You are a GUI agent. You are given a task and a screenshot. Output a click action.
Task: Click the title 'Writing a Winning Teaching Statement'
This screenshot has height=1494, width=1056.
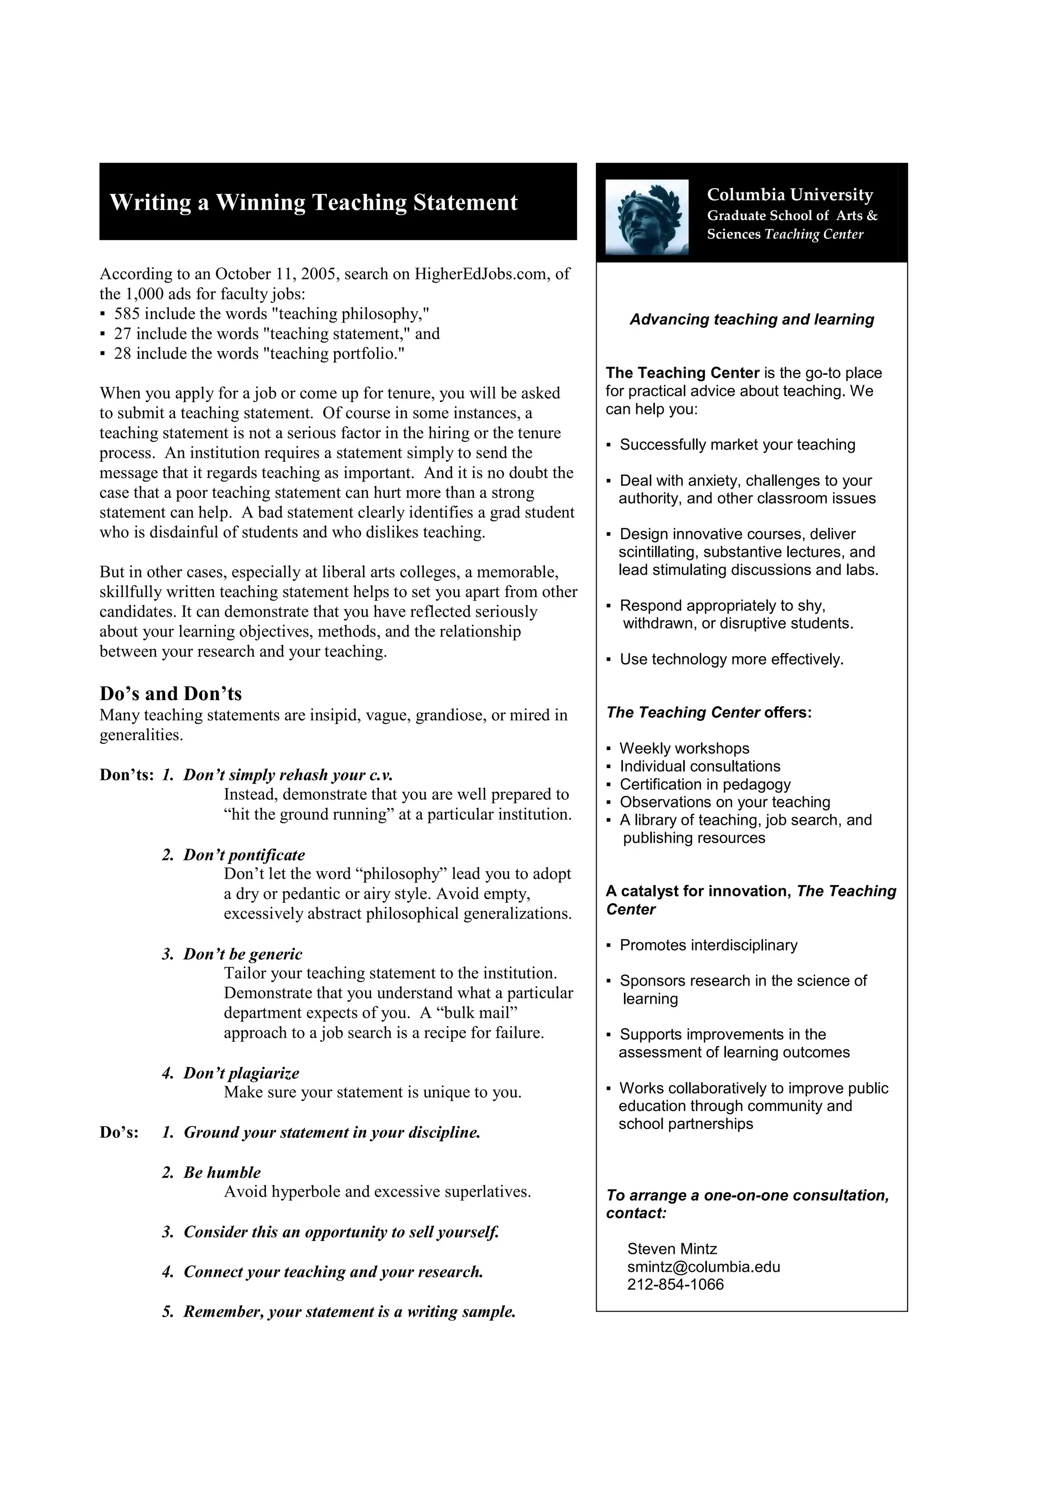(x=313, y=203)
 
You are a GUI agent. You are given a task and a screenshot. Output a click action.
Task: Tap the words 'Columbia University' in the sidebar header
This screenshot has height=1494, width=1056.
(x=790, y=194)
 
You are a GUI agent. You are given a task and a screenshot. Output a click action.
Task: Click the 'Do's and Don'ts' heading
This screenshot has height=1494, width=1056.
(x=171, y=694)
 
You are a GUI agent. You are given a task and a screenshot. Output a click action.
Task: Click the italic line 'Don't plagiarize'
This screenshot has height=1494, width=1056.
(x=241, y=1073)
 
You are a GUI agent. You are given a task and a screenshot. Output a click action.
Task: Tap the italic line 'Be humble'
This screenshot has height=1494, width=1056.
(x=221, y=1172)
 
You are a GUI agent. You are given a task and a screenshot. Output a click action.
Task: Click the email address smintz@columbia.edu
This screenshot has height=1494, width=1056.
(x=703, y=1267)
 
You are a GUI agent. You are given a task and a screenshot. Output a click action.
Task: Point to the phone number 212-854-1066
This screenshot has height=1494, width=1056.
(x=675, y=1285)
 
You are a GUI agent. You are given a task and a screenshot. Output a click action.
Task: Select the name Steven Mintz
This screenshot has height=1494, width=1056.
(x=672, y=1249)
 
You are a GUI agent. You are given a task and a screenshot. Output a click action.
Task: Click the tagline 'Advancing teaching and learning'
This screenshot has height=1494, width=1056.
(x=751, y=320)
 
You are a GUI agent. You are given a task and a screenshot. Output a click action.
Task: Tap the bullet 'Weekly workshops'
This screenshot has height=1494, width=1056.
(x=684, y=749)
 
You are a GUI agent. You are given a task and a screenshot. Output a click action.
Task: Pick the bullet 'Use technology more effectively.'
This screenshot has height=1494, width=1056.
(x=731, y=659)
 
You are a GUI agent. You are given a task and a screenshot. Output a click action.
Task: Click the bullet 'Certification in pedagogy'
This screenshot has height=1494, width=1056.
(x=705, y=784)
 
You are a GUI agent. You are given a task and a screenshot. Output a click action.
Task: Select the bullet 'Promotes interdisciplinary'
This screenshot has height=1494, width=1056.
(x=708, y=945)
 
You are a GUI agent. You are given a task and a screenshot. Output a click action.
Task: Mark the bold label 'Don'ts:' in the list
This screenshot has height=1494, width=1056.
(x=126, y=775)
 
